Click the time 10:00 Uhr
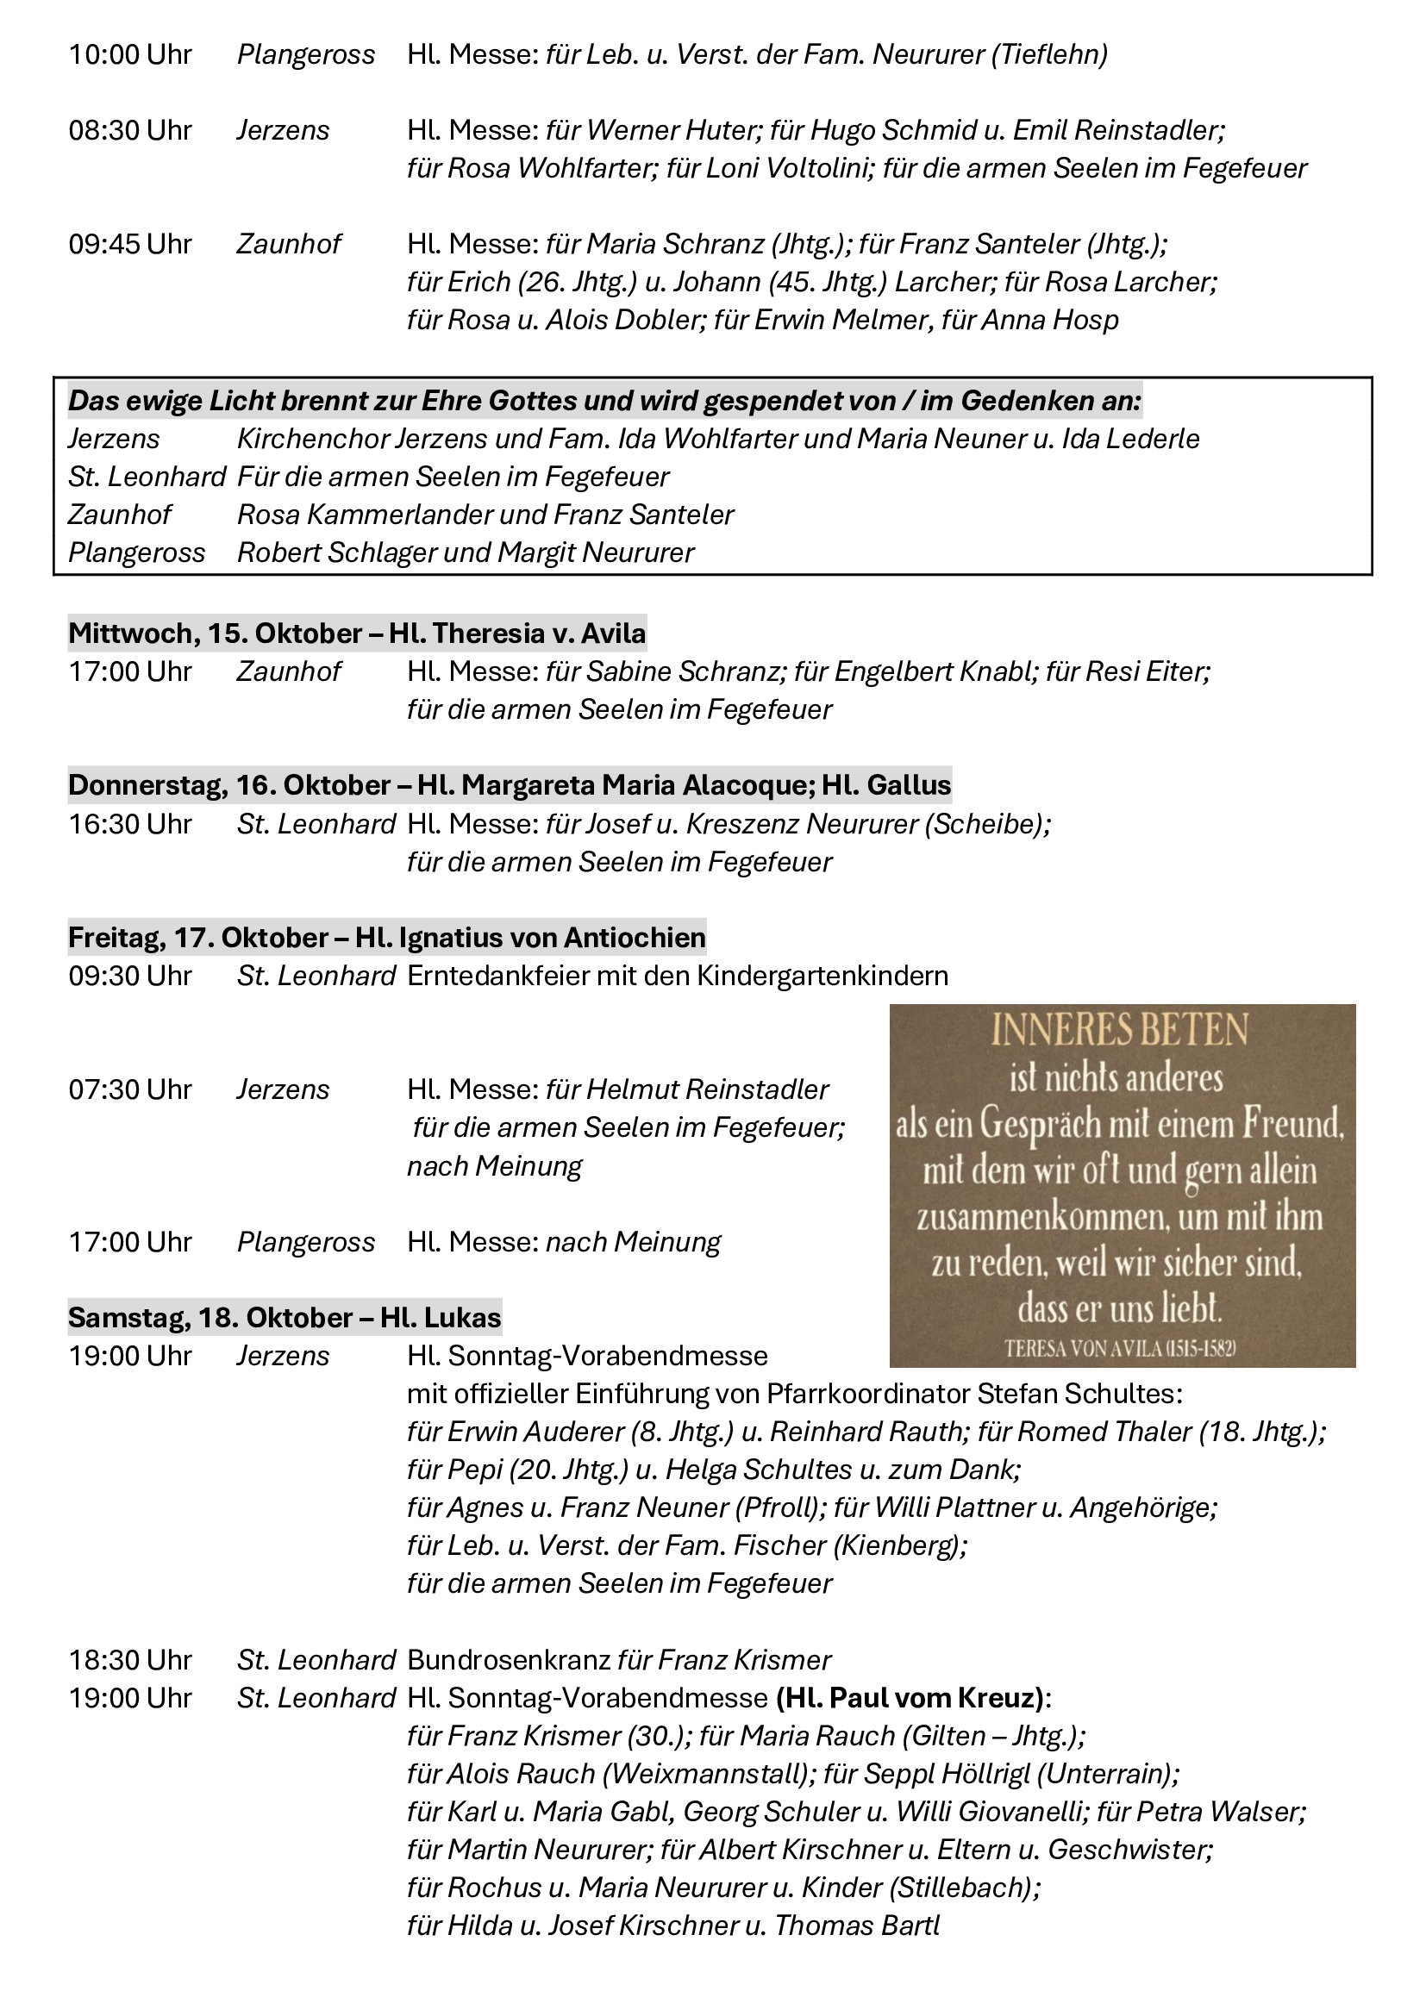tap(130, 55)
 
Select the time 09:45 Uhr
tap(130, 244)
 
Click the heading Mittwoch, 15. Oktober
tap(216, 634)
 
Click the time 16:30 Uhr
tap(130, 825)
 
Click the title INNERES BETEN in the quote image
tap(1120, 1030)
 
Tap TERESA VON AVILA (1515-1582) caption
tap(1120, 1349)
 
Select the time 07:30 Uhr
tap(130, 1089)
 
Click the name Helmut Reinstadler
tap(708, 1089)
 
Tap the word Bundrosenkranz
tap(509, 1660)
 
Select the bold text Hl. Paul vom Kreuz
tap(909, 1698)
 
